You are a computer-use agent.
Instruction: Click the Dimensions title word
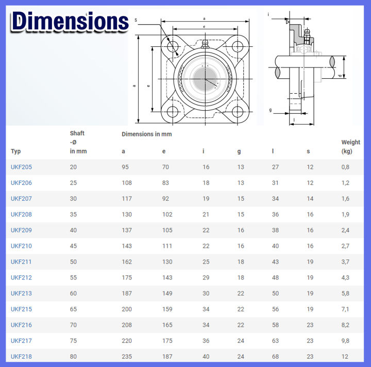click(x=70, y=22)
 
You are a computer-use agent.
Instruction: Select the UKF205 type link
click(x=21, y=167)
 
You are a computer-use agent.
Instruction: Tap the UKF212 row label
click(x=21, y=277)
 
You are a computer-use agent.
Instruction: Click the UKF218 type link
click(x=21, y=356)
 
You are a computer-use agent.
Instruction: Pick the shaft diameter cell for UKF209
click(x=73, y=230)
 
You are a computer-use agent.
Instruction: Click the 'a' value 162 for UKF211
click(x=127, y=262)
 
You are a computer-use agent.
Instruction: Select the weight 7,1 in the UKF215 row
click(x=345, y=309)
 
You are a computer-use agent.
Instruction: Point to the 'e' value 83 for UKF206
click(x=165, y=183)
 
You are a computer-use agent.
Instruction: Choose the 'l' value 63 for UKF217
click(x=275, y=341)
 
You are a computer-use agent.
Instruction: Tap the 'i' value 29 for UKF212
click(x=206, y=277)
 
